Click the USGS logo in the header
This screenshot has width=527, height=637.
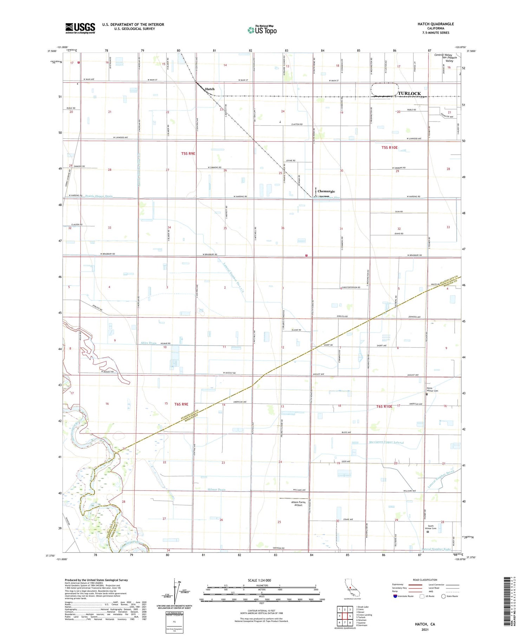pyautogui.click(x=80, y=28)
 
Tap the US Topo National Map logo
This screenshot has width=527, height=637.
pyautogui.click(x=262, y=30)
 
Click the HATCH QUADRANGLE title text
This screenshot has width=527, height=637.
pyautogui.click(x=435, y=24)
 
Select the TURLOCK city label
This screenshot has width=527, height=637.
pyautogui.click(x=409, y=93)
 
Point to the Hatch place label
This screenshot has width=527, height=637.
pyautogui.click(x=210, y=89)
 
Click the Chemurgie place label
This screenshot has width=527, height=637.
pyautogui.click(x=326, y=191)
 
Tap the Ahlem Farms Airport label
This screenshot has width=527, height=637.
pyautogui.click(x=298, y=503)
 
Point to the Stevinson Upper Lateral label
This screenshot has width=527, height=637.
pyautogui.click(x=386, y=442)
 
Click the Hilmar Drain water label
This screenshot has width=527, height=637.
pyautogui.click(x=216, y=489)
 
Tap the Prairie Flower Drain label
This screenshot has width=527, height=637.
pyautogui.click(x=99, y=196)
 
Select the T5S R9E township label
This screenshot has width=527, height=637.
pyautogui.click(x=188, y=154)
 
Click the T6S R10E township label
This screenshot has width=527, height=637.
pyautogui.click(x=384, y=406)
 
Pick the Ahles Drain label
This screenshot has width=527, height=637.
pyautogui.click(x=148, y=343)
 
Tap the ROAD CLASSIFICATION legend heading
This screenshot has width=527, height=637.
pyautogui.click(x=425, y=580)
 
